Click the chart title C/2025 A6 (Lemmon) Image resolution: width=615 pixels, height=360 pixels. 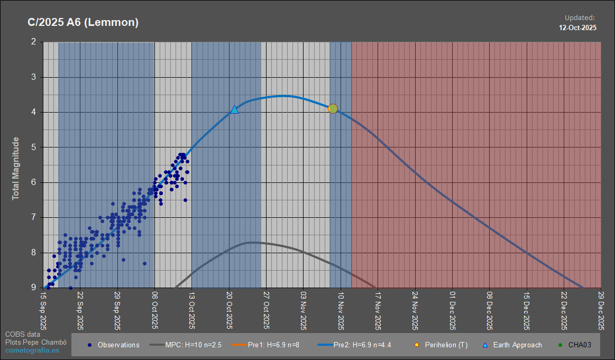[83, 22]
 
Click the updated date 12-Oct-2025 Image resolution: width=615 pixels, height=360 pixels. [578, 27]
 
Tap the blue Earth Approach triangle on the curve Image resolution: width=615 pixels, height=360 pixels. [234, 109]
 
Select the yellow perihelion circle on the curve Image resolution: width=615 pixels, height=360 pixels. [333, 108]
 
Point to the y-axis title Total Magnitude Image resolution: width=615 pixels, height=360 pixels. [16, 168]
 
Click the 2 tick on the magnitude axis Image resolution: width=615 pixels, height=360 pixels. [34, 42]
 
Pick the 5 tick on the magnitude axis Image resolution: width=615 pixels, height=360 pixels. [34, 147]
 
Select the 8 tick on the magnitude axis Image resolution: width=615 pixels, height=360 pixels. [34, 253]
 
